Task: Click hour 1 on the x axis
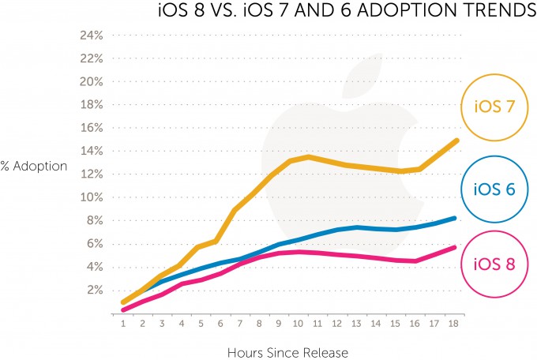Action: click(123, 323)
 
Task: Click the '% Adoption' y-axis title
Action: click(34, 167)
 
